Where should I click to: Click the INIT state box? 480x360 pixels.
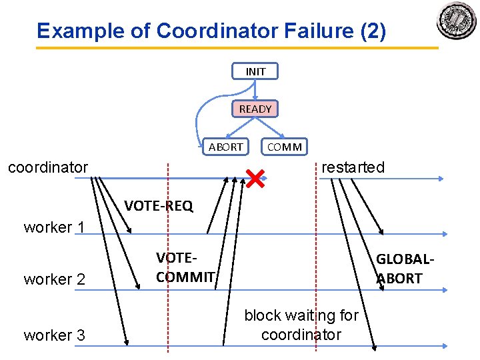[255, 71]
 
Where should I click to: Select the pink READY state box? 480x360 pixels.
[255, 109]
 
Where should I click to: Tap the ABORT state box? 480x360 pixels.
[226, 147]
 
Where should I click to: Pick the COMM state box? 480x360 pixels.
[285, 147]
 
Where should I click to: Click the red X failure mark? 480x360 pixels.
[254, 178]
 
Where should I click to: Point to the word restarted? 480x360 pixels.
[353, 167]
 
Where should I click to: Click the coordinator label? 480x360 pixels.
[48, 167]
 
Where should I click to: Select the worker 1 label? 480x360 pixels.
[55, 227]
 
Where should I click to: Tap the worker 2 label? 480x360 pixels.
[55, 279]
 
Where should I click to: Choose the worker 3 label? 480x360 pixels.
[55, 335]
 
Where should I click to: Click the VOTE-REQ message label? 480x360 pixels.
[159, 206]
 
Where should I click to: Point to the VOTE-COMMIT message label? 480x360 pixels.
[185, 267]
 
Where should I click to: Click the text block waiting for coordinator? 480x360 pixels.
[301, 325]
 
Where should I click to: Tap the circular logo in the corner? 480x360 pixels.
[457, 21]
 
